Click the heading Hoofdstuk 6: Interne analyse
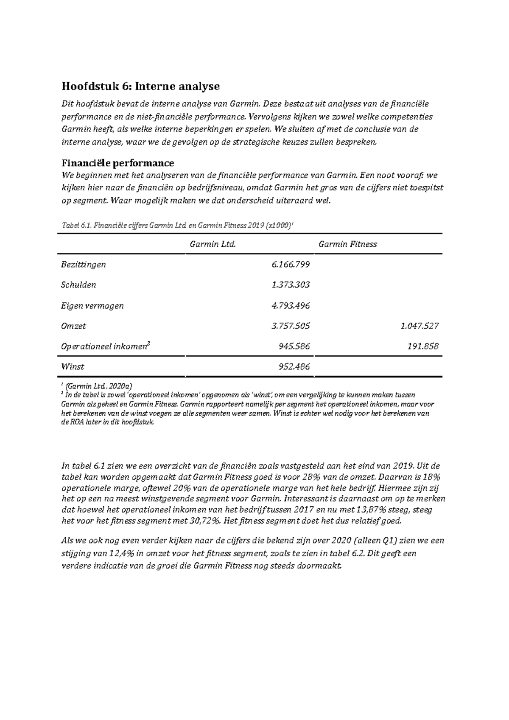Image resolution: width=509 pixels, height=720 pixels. tap(140, 87)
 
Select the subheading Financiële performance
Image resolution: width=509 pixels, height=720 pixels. tap(117, 163)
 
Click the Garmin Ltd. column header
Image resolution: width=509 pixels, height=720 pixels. tap(213, 244)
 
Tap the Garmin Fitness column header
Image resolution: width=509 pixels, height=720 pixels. tap(347, 244)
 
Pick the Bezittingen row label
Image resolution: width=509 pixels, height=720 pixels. tap(83, 265)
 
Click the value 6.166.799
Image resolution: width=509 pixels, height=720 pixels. tap(291, 265)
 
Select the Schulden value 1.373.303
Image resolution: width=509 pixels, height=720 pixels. tap(291, 285)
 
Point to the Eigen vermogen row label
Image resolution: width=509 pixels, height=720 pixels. tap(92, 306)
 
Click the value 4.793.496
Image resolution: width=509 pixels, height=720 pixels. tap(291, 306)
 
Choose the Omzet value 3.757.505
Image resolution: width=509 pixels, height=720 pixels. tap(291, 326)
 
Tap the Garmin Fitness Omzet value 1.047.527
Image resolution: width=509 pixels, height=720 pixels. tap(419, 326)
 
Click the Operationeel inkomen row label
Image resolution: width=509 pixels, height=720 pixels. tap(105, 346)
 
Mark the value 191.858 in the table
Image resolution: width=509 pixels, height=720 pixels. tap(423, 346)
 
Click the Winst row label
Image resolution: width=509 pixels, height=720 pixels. tap(73, 367)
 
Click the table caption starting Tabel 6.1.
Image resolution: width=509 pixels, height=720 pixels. tap(177, 226)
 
